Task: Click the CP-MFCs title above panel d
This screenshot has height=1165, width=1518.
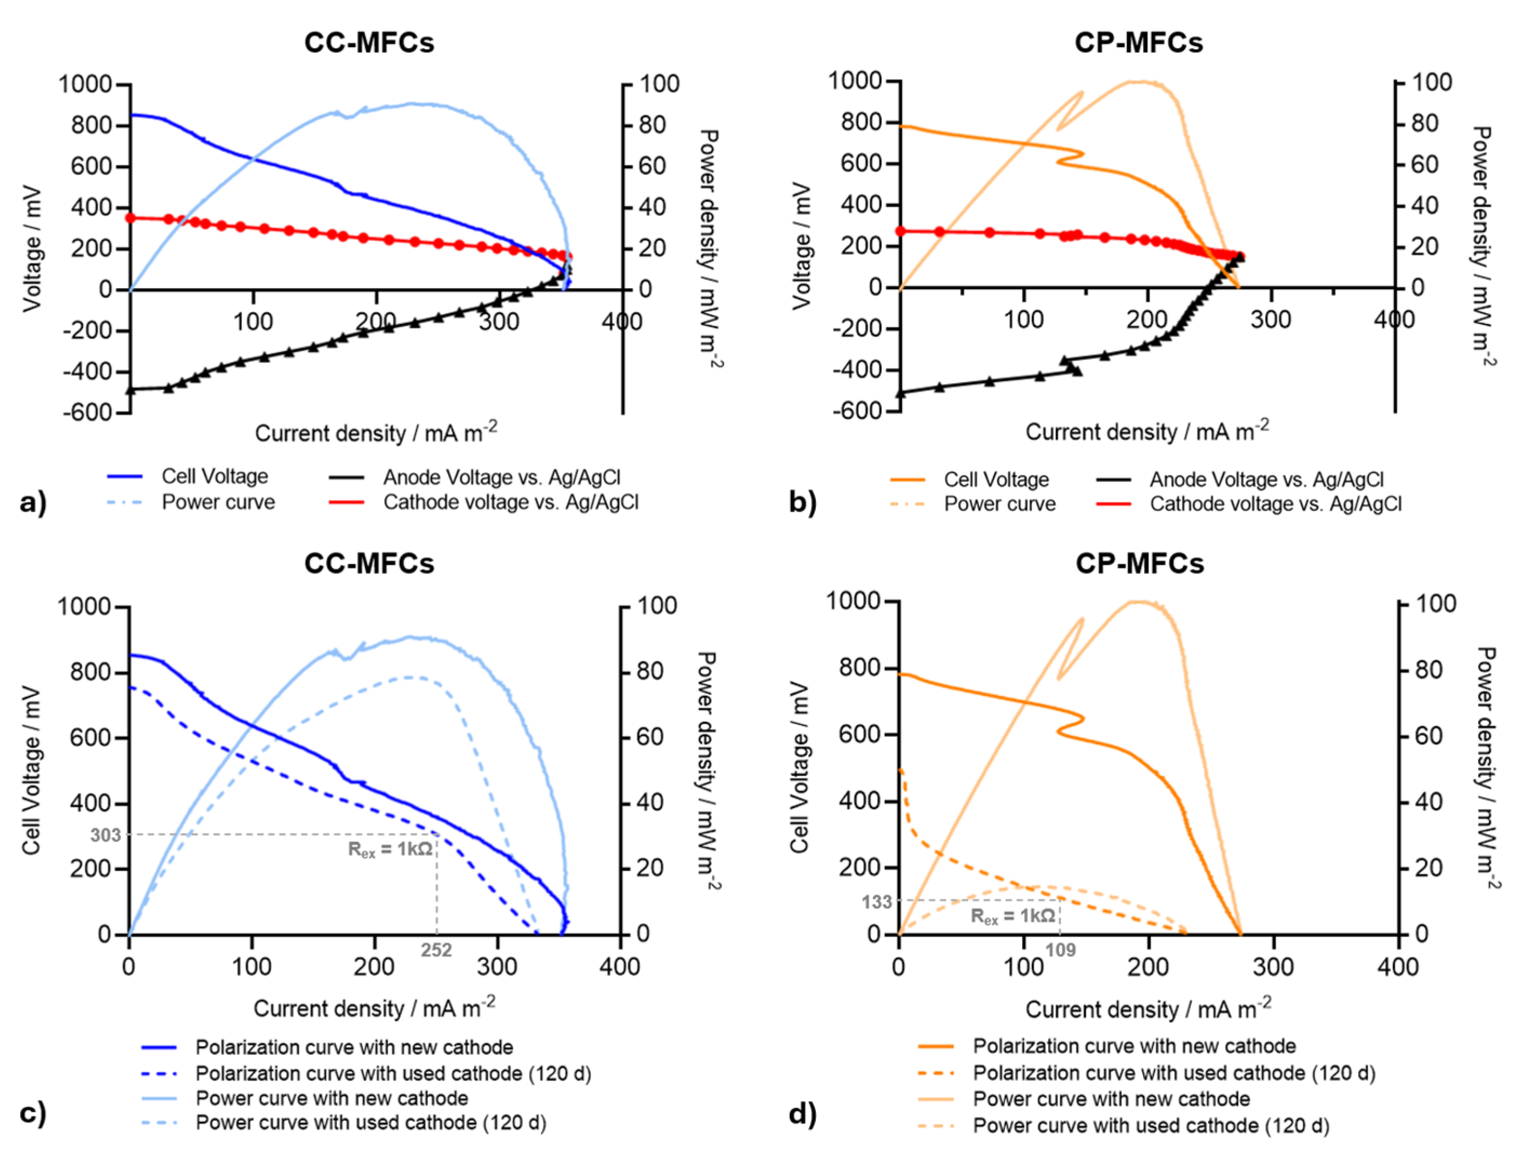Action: [1139, 563]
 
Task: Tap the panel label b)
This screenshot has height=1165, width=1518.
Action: [803, 502]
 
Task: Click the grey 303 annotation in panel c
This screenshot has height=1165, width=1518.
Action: [105, 835]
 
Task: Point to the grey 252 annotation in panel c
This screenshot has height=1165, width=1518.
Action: [436, 950]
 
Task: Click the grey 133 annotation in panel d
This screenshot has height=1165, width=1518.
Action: [876, 902]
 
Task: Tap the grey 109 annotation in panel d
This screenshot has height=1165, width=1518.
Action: [1060, 950]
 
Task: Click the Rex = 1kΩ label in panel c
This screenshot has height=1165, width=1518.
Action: [391, 850]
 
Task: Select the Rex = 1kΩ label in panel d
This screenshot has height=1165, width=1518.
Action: [1013, 917]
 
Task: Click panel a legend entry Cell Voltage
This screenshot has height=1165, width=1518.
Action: [214, 476]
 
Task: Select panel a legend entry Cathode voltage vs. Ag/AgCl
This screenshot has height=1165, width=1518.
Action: [511, 502]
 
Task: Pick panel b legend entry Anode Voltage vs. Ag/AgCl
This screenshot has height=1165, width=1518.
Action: [1266, 479]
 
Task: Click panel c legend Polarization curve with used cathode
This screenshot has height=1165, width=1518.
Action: [393, 1073]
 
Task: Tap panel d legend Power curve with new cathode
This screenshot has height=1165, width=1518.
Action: [1111, 1099]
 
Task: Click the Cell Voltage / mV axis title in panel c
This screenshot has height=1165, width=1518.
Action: [32, 770]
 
